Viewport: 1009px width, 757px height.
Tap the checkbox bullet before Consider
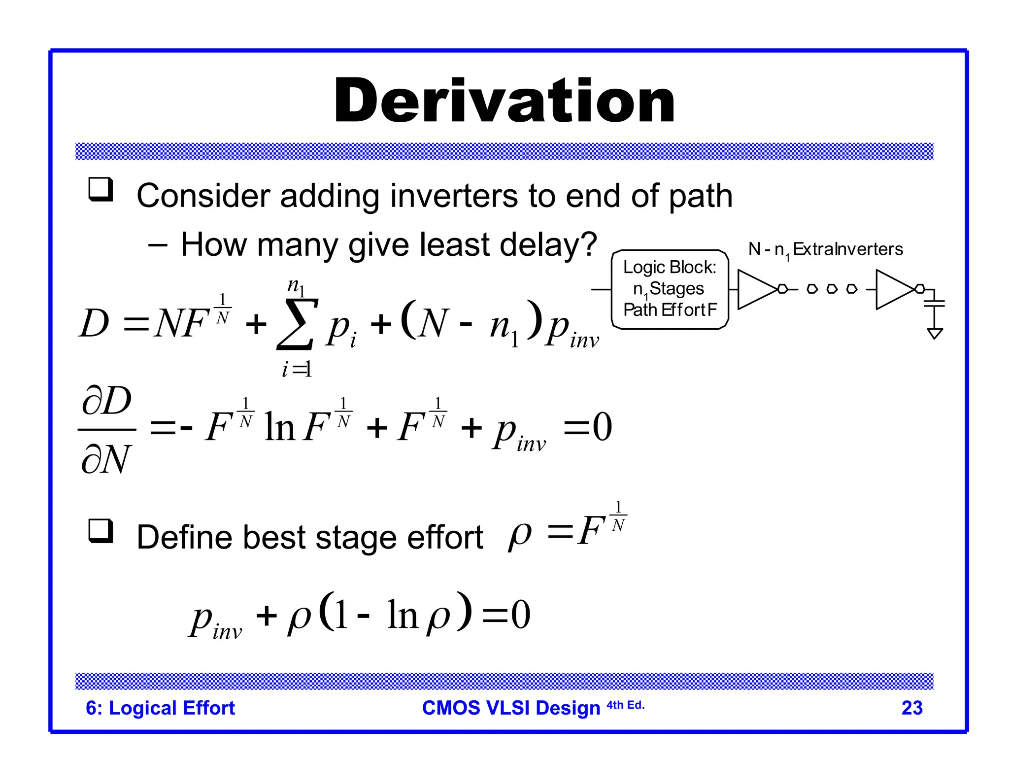pyautogui.click(x=101, y=190)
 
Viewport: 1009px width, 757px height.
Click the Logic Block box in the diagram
pyautogui.click(x=670, y=289)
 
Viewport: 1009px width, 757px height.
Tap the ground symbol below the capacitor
pyautogui.click(x=935, y=334)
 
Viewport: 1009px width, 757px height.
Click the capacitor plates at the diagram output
pyautogui.click(x=935, y=303)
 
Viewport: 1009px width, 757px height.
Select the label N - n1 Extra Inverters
pyautogui.click(x=825, y=249)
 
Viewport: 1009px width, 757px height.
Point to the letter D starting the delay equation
pyautogui.click(x=94, y=324)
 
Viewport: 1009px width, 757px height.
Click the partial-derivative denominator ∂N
pyautogui.click(x=106, y=459)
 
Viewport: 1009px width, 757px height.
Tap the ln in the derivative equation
pyautogui.click(x=279, y=427)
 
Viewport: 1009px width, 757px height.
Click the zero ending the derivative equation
pyautogui.click(x=602, y=427)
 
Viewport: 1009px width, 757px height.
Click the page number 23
pyautogui.click(x=911, y=708)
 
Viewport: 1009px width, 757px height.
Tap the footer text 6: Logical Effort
pyautogui.click(x=160, y=708)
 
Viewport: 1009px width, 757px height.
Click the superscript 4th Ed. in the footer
pyautogui.click(x=625, y=705)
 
